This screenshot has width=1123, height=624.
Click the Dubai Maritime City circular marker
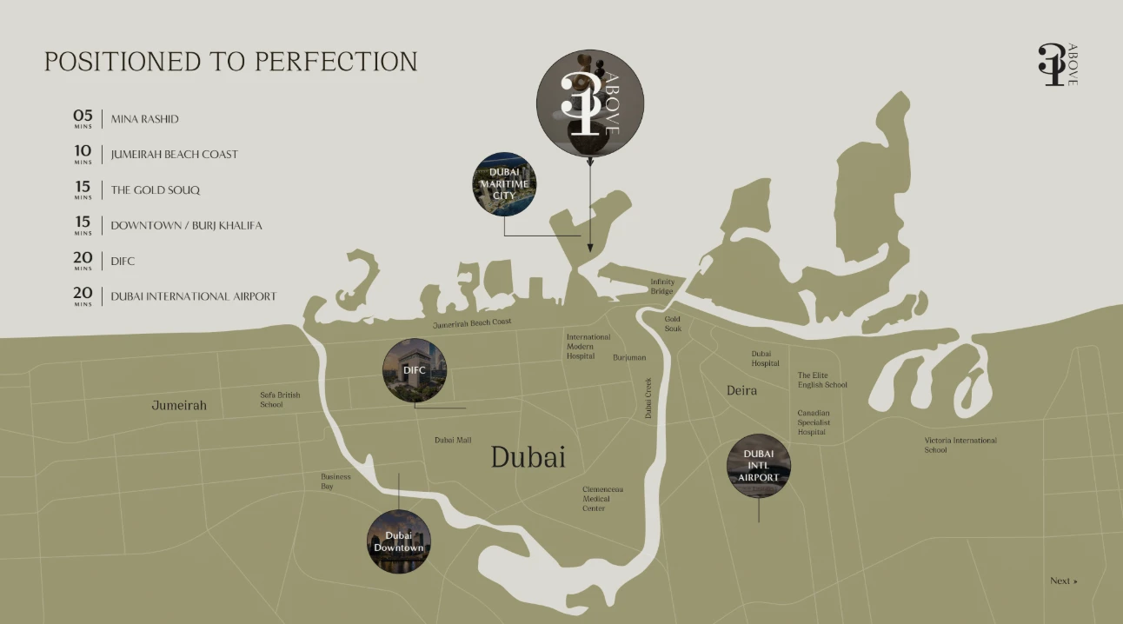(x=504, y=183)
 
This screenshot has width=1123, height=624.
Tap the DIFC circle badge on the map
(x=415, y=370)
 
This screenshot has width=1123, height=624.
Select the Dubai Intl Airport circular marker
(x=759, y=466)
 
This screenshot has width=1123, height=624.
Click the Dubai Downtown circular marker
(x=399, y=541)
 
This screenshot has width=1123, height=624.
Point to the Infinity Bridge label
(x=662, y=286)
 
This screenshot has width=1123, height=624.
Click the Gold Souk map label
(x=673, y=324)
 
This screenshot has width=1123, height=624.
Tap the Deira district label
(x=741, y=391)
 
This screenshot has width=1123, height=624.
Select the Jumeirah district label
(x=179, y=405)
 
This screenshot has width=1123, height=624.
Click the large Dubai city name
(x=528, y=456)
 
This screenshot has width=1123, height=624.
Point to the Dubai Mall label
(x=453, y=441)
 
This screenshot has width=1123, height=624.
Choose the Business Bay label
(x=336, y=481)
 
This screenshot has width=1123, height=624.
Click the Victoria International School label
(x=960, y=445)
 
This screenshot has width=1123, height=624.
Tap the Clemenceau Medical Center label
(x=602, y=499)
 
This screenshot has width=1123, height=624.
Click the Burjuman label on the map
(x=629, y=357)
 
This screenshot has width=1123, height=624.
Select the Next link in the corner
(x=1063, y=581)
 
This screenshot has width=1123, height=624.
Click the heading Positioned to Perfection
(x=231, y=62)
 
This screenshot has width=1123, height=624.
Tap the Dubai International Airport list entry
(x=193, y=296)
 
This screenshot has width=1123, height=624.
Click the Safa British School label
(x=280, y=400)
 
